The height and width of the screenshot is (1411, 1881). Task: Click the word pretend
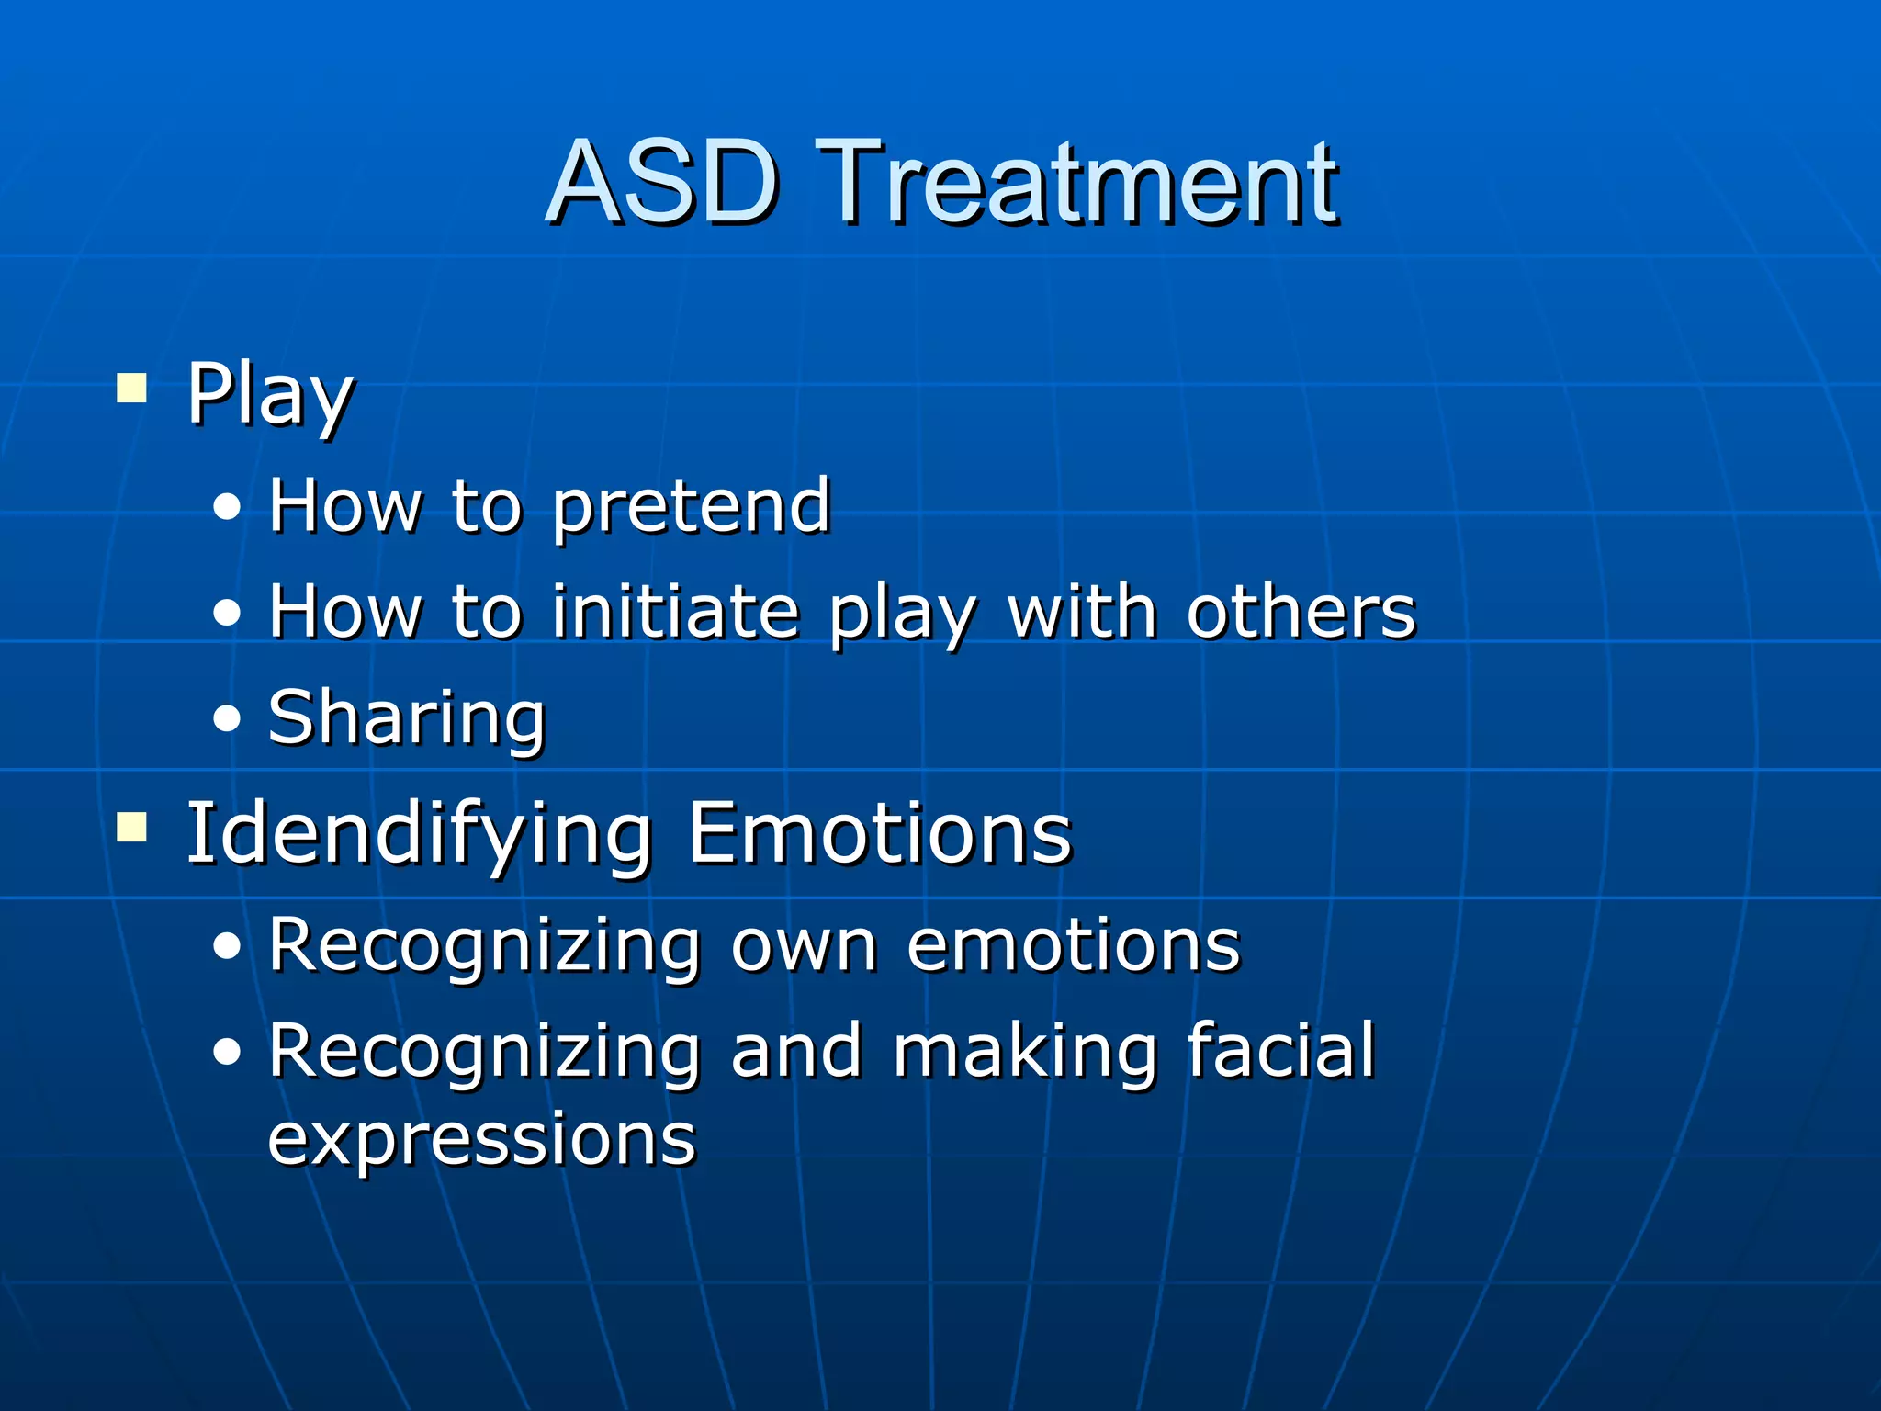(x=692, y=507)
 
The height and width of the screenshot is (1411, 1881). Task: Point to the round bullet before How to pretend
(x=227, y=507)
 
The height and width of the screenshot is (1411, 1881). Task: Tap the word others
(x=1301, y=612)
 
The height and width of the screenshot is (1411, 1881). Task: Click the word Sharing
(x=407, y=718)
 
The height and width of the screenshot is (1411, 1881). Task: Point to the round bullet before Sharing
(x=227, y=718)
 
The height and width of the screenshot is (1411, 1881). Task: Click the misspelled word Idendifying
(x=419, y=834)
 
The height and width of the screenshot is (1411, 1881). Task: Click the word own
(x=804, y=946)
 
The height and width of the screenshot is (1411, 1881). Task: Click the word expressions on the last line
(x=482, y=1139)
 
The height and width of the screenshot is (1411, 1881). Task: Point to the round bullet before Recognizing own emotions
(x=227, y=946)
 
